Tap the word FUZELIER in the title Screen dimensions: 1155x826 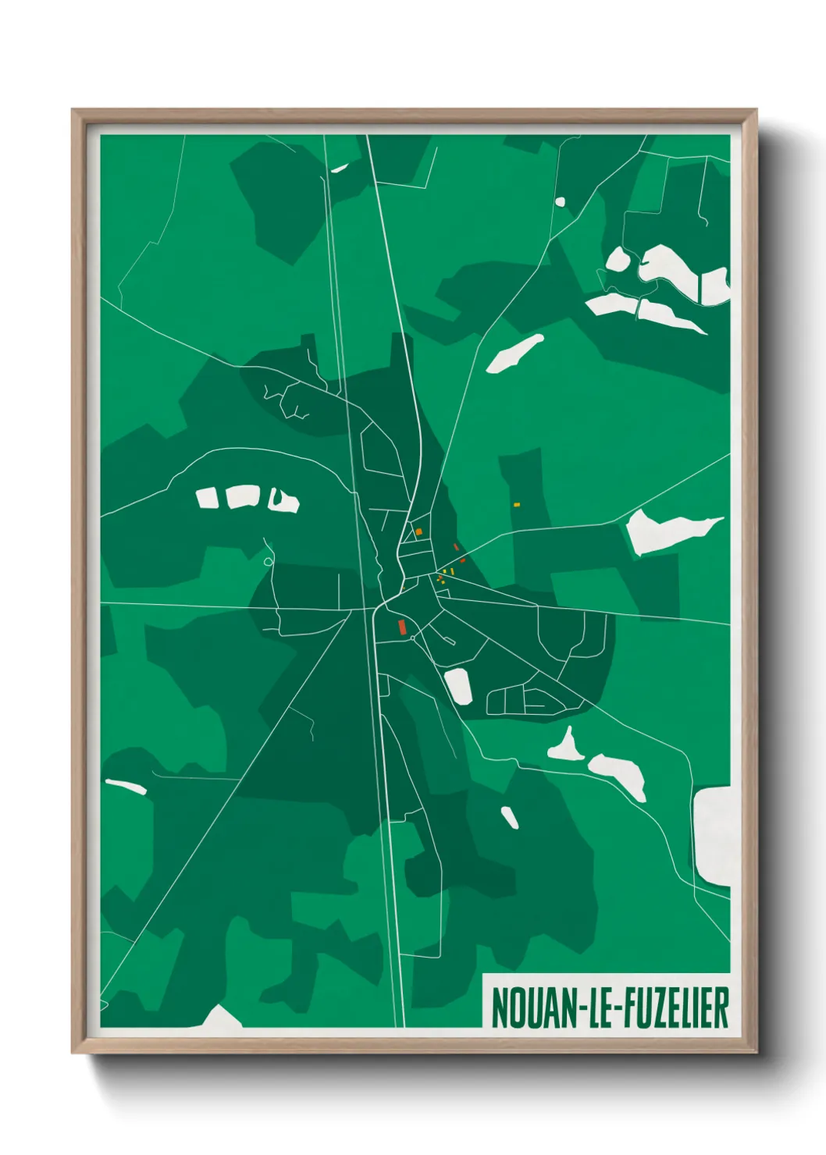click(675, 1008)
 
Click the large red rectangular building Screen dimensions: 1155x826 click(401, 626)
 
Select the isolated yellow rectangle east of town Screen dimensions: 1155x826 click(516, 505)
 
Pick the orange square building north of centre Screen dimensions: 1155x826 click(419, 531)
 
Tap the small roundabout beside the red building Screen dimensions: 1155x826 click(413, 638)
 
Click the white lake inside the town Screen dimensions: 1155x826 click(458, 686)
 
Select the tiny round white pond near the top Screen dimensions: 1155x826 click(559, 202)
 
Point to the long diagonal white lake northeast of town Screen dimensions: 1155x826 click(514, 354)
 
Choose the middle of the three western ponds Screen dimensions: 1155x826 click(243, 496)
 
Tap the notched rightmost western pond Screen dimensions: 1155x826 click(283, 501)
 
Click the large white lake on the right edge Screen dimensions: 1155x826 click(712, 835)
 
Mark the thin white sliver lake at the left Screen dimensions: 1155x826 click(126, 786)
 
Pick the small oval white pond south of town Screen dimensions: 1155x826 click(509, 817)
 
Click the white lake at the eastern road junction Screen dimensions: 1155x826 click(664, 530)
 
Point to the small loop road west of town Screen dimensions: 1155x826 click(269, 561)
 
